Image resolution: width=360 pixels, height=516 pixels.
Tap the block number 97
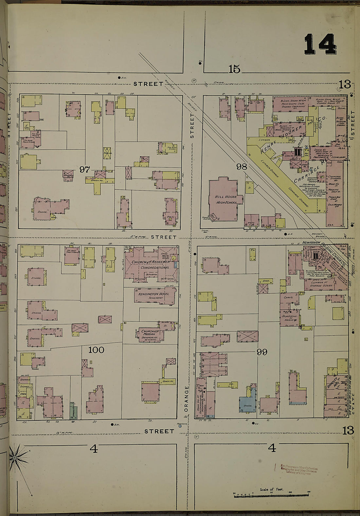[x=84, y=169]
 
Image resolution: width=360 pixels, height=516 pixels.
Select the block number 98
[x=242, y=167]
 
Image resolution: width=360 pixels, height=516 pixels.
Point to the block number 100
[x=96, y=350]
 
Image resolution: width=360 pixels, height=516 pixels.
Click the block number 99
[x=262, y=352]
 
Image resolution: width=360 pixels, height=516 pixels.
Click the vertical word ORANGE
[x=187, y=398]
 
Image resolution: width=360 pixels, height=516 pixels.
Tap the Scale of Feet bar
[x=272, y=495]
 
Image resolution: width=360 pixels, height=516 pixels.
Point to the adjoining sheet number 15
[x=234, y=69]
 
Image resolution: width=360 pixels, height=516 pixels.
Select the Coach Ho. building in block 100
[x=167, y=381]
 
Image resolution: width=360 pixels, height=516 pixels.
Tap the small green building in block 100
[x=73, y=409]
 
